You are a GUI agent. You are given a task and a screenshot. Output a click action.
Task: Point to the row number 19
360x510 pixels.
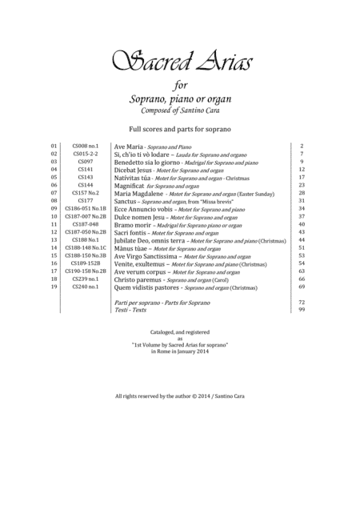[54, 286]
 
